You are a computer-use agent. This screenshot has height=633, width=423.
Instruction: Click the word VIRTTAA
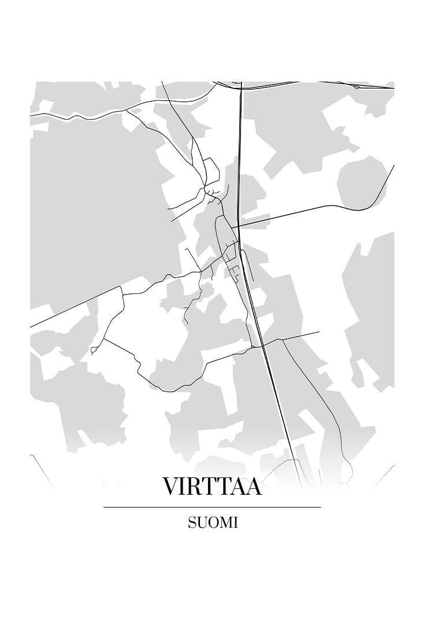point(212,486)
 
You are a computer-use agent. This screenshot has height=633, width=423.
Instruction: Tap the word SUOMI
point(213,522)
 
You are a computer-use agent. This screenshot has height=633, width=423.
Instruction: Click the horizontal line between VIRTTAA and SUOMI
point(212,507)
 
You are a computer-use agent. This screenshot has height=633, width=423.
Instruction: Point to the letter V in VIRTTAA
point(170,486)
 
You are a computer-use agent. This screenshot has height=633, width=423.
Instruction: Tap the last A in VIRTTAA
point(253,486)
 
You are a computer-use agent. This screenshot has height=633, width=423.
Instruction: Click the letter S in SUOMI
point(191,522)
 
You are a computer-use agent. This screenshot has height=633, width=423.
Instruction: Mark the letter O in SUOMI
point(211,522)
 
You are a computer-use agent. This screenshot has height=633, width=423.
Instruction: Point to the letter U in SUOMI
point(201,522)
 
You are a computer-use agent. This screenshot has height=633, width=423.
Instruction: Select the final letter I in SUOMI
point(235,522)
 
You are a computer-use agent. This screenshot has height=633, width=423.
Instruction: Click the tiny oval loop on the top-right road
point(356,87)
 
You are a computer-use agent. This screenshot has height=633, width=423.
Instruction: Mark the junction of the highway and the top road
point(240,89)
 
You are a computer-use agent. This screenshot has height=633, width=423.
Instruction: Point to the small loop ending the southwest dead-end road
point(94,350)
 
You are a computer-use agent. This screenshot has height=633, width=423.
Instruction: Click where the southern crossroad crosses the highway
point(262,345)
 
